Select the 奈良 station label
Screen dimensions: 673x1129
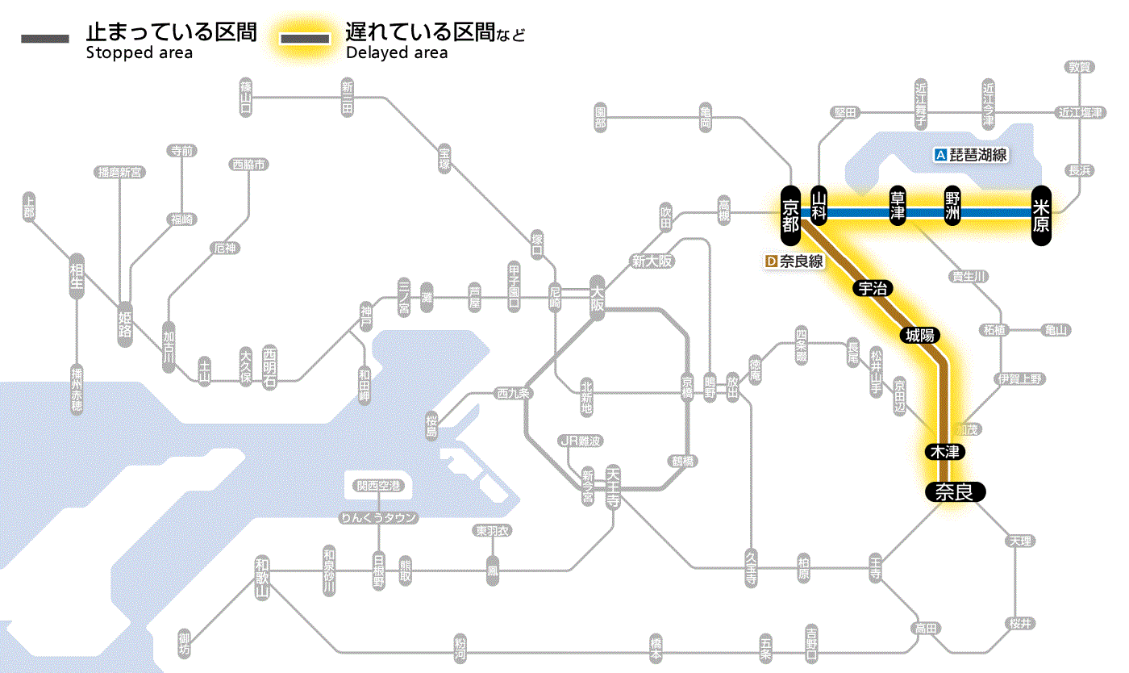click(955, 491)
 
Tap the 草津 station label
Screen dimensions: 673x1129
click(898, 206)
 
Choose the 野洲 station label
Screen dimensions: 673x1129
click(953, 206)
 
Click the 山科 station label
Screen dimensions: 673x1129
click(820, 206)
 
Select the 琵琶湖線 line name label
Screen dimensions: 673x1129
click(978, 155)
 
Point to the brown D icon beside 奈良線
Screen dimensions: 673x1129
click(771, 261)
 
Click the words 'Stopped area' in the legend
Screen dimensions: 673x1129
click(140, 53)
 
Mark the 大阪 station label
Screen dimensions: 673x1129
click(597, 299)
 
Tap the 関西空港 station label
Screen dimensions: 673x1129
click(378, 486)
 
